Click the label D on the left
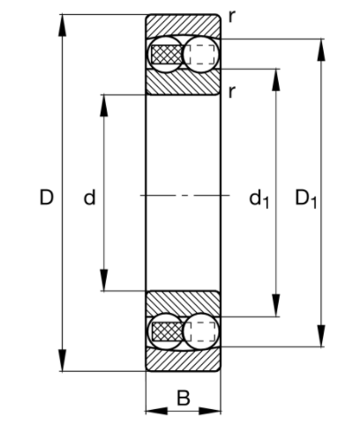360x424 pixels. pyautogui.click(x=46, y=198)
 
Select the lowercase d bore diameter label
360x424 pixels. pyautogui.click(x=89, y=199)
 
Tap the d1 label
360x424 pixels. pyautogui.click(x=258, y=200)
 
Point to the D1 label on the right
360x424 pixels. pyautogui.click(x=305, y=200)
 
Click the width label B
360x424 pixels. pyautogui.click(x=183, y=398)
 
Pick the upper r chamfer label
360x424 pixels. pyautogui.click(x=230, y=15)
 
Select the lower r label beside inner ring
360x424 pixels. pyautogui.click(x=230, y=92)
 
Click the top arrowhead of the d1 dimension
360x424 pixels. pyautogui.click(x=278, y=76)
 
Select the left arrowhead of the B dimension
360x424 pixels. pyautogui.click(x=152, y=411)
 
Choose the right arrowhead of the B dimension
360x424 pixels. pyautogui.click(x=214, y=411)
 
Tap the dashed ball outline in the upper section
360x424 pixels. pyautogui.click(x=201, y=54)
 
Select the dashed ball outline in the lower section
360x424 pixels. pyautogui.click(x=201, y=331)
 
